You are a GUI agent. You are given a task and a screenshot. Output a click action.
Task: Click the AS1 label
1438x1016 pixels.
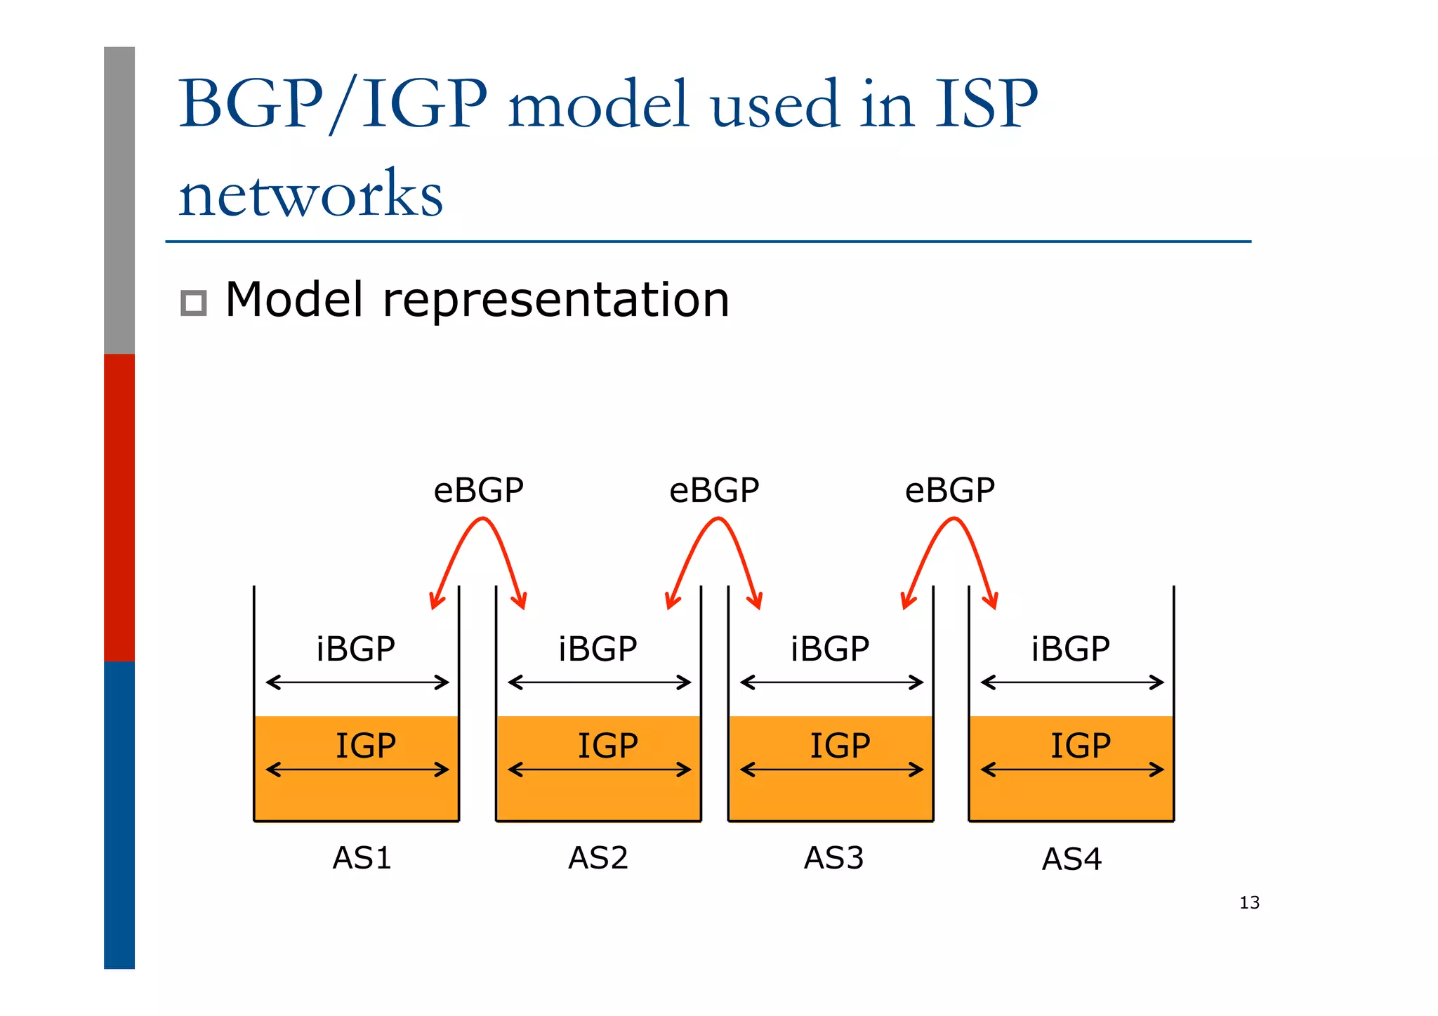click(362, 858)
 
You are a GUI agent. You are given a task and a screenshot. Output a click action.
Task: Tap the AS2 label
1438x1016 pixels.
click(598, 858)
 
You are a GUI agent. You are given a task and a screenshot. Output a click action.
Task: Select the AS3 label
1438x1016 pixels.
click(833, 858)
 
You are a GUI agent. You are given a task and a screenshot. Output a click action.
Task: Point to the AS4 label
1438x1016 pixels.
click(1071, 859)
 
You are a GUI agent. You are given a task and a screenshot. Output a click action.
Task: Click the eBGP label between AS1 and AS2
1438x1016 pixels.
click(478, 490)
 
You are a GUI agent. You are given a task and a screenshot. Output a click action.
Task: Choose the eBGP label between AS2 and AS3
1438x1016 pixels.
click(714, 490)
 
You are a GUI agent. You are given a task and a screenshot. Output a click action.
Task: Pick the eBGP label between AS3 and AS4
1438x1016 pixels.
click(949, 490)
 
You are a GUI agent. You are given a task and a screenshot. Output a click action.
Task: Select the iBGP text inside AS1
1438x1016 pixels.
click(355, 649)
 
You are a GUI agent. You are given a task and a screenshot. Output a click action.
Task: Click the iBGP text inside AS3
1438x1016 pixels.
click(830, 649)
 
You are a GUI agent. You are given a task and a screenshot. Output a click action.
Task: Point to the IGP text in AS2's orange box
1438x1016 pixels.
click(607, 746)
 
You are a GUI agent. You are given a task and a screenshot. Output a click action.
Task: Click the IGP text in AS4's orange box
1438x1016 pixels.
click(1080, 746)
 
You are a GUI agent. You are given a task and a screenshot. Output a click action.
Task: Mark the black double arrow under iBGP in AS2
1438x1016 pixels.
click(599, 682)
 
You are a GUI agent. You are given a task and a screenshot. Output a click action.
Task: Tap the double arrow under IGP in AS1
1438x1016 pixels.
click(357, 770)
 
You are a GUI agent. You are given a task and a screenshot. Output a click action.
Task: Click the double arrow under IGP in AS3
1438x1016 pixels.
click(831, 770)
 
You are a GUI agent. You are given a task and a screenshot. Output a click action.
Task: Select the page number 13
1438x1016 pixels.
click(1249, 903)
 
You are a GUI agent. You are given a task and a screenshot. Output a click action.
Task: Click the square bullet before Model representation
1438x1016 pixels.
click(194, 303)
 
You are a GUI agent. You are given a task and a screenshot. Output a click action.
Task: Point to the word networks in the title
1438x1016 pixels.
click(310, 194)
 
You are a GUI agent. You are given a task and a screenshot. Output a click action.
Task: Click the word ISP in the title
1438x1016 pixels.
click(986, 104)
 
